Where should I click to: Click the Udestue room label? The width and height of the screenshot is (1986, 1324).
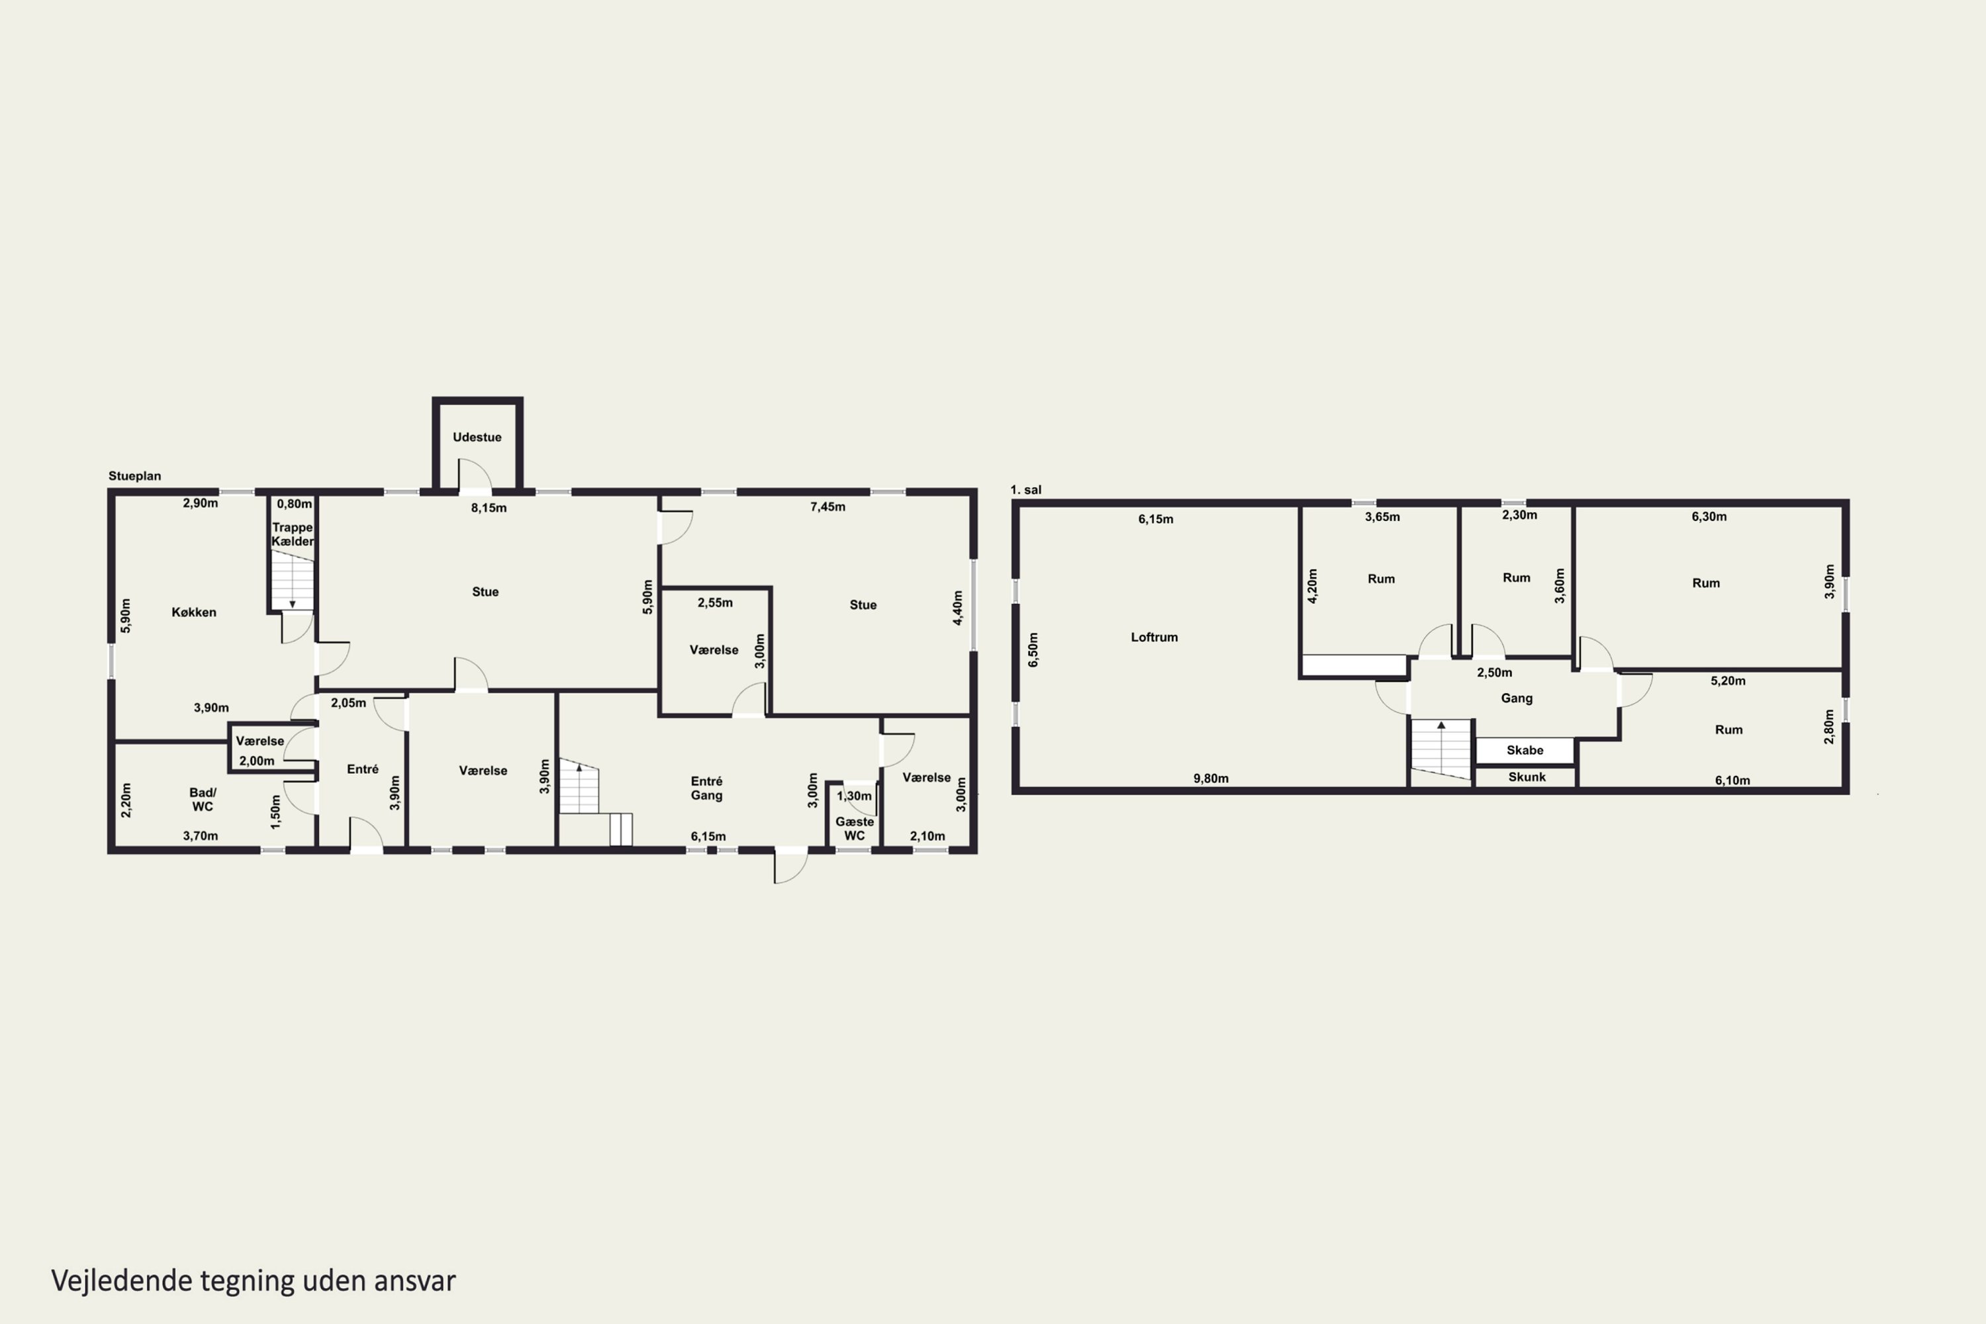tap(477, 436)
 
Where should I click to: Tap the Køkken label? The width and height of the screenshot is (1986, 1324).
tap(194, 612)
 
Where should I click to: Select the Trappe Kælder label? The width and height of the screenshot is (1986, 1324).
tap(292, 534)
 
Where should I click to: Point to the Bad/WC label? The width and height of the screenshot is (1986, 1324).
tap(203, 800)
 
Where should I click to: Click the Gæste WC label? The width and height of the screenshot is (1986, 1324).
tap(855, 828)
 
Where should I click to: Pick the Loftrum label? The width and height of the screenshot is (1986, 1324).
tap(1155, 637)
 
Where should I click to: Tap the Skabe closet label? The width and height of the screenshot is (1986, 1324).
tap(1525, 750)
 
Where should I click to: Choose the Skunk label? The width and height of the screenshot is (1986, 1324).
tap(1527, 777)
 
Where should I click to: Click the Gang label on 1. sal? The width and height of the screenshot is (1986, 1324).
tap(1517, 698)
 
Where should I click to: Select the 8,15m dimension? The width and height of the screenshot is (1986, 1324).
tap(489, 508)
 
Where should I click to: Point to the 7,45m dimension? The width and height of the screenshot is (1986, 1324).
tap(827, 506)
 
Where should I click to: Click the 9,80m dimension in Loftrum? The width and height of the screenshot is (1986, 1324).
tap(1211, 779)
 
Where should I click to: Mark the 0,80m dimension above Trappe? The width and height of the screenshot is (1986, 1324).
tap(295, 504)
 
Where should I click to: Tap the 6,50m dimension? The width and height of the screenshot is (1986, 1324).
tap(1033, 650)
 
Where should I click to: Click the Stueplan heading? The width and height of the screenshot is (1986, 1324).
tap(134, 475)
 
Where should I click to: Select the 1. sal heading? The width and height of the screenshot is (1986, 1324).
tap(1026, 490)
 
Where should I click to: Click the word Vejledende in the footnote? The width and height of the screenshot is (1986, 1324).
tap(122, 1281)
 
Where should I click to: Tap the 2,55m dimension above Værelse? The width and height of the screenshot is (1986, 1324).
tap(715, 603)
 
